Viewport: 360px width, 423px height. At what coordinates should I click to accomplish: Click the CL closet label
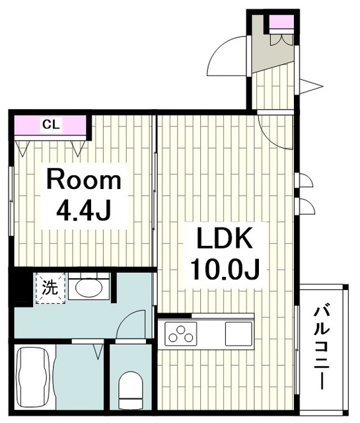[x=52, y=125]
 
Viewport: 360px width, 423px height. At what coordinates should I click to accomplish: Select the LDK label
[x=225, y=238]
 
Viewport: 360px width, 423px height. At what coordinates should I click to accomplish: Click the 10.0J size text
[x=225, y=269]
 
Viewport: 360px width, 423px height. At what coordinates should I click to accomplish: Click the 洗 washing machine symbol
[x=51, y=288]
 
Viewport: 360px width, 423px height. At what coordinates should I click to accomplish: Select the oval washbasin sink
[x=89, y=288]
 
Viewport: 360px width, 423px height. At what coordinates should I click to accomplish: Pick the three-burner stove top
[x=181, y=334]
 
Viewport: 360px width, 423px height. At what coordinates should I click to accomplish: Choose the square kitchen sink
[x=238, y=334]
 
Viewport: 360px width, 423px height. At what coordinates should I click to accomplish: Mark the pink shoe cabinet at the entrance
[x=281, y=22]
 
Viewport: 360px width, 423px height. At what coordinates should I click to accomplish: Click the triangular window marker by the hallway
[x=310, y=87]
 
